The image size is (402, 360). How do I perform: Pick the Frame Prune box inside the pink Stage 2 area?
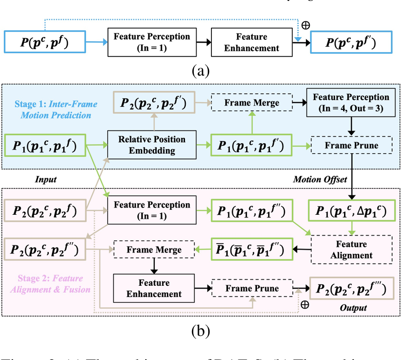252,289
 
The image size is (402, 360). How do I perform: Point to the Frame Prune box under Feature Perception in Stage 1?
351,145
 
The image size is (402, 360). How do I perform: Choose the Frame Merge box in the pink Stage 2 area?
154,250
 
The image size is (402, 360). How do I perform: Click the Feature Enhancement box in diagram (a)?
251,42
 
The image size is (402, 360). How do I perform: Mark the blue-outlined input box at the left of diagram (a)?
45,42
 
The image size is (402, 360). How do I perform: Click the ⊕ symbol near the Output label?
305,305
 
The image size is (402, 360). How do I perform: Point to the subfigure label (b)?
200,331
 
